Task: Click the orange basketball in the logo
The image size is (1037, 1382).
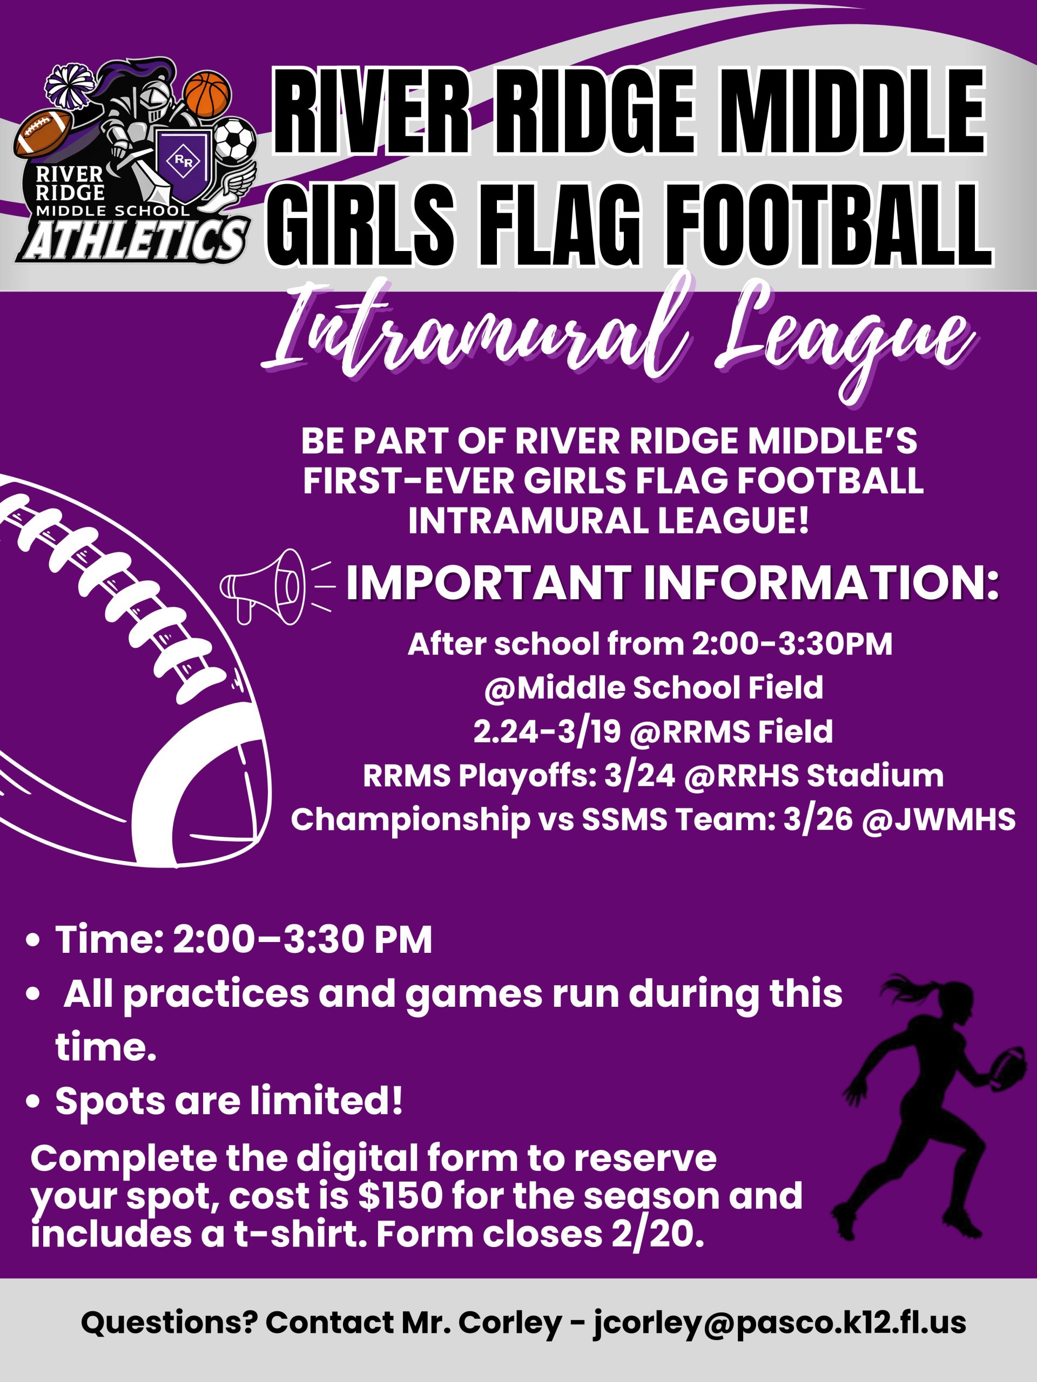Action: click(207, 95)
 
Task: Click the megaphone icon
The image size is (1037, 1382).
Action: click(262, 586)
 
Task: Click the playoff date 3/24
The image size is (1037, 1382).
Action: click(639, 776)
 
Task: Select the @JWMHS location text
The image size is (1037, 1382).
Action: click(939, 819)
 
